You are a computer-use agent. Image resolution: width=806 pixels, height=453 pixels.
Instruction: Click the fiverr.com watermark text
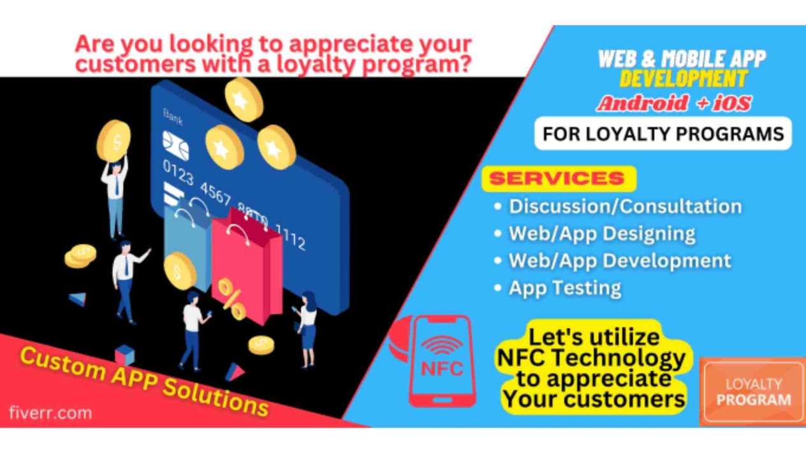click(50, 413)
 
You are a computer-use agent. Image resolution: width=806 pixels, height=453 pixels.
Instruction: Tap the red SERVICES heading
click(557, 178)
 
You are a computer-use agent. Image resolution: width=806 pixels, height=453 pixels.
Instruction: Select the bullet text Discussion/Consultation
click(626, 206)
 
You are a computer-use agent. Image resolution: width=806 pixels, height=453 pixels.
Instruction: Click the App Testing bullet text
click(565, 289)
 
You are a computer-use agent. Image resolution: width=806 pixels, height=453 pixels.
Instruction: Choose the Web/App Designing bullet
click(602, 234)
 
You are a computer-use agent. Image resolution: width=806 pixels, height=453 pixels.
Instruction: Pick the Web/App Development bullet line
click(620, 261)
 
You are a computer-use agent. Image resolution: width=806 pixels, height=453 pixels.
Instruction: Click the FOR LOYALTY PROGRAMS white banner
click(663, 134)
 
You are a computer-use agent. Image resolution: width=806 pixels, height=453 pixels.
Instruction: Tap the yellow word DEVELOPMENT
click(684, 79)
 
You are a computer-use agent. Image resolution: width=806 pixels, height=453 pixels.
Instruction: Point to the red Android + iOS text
click(673, 104)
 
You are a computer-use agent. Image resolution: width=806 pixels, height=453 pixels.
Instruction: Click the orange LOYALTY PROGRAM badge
click(752, 391)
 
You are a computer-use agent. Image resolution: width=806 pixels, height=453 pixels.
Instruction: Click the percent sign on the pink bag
click(231, 299)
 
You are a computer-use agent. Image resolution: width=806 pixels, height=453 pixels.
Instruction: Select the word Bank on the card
click(173, 117)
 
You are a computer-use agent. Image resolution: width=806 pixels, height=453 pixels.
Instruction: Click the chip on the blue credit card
click(175, 145)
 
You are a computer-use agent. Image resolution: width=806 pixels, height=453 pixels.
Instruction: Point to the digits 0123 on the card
click(178, 172)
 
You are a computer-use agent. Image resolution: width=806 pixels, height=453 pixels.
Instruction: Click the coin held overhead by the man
click(114, 141)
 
